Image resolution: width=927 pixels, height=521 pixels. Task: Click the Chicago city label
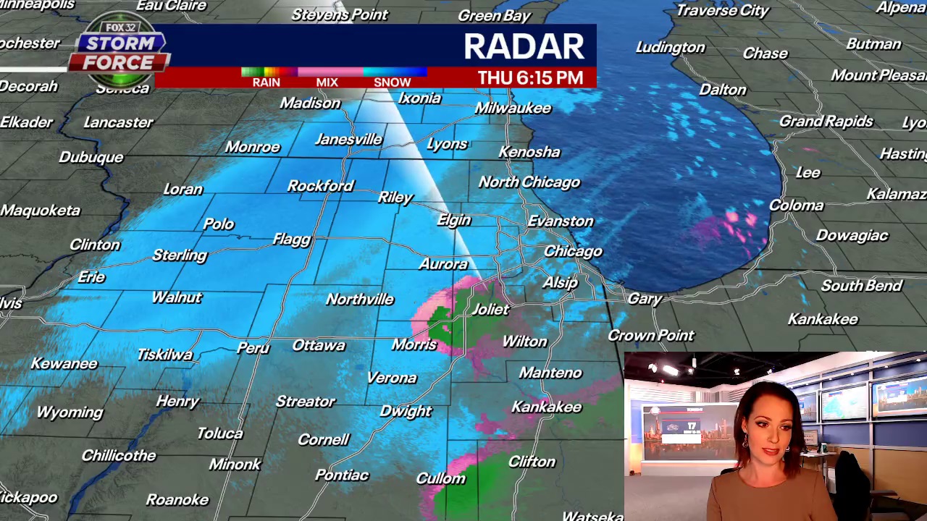point(573,251)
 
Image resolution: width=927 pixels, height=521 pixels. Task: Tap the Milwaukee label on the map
point(513,108)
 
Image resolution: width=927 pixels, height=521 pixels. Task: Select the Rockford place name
point(320,186)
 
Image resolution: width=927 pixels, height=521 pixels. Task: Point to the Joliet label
point(490,309)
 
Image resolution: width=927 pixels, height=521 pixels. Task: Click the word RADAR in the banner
point(524,47)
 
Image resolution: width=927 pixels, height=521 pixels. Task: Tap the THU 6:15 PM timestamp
point(530,78)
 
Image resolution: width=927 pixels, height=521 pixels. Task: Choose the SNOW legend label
point(392,82)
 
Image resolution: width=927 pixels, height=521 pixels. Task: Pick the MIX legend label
point(327,82)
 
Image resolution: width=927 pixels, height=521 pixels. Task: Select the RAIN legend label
point(266,82)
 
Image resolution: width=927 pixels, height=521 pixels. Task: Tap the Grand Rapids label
point(826,121)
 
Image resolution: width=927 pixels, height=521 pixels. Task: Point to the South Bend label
point(861,285)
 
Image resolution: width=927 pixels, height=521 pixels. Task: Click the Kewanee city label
point(64,363)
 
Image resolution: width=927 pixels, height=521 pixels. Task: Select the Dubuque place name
point(91,157)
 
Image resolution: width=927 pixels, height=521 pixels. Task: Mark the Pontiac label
point(342,475)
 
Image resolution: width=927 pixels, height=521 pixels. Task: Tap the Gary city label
point(645,298)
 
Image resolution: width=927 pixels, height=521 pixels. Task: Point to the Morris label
point(414,344)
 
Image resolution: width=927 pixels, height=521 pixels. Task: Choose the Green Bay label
point(495,15)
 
